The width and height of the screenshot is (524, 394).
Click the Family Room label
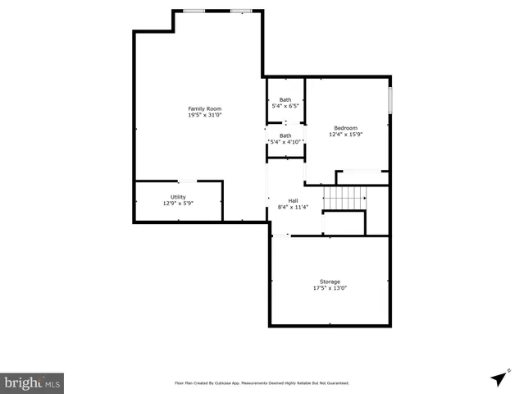(204, 109)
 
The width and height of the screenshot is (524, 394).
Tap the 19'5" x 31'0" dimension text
(204, 116)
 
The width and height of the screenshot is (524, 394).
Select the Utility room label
(178, 197)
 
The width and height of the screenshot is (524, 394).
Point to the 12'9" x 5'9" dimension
(178, 204)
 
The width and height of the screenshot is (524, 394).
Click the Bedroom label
(345, 127)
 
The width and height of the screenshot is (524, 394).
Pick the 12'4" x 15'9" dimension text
(345, 134)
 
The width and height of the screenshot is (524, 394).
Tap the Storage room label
(330, 282)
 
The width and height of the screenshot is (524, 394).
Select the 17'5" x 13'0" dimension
(330, 288)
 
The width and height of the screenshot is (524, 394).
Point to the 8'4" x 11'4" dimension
(293, 208)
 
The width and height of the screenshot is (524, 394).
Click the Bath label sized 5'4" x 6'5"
(285, 99)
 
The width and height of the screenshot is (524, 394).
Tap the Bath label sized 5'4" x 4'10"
(285, 135)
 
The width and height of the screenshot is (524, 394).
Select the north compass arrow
(499, 378)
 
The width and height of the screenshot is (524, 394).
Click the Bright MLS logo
(32, 383)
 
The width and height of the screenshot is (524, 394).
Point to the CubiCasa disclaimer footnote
(262, 383)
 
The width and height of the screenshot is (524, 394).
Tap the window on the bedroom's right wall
(390, 98)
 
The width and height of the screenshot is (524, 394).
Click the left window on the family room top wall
(194, 11)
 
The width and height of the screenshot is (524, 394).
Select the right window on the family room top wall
(241, 11)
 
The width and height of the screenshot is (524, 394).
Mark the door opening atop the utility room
(187, 181)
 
